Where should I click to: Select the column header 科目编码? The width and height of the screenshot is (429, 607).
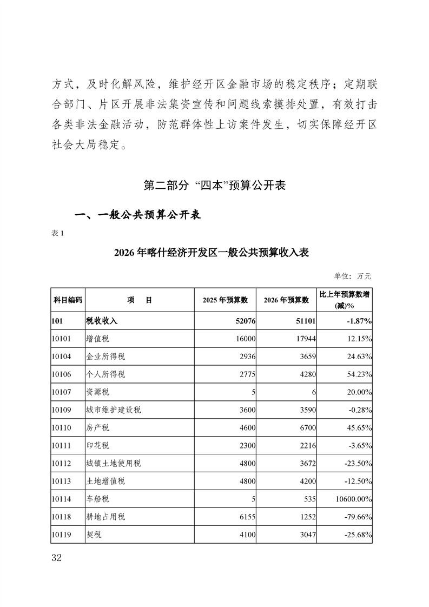tap(68, 300)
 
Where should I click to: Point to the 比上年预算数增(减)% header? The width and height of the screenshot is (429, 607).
tap(345, 300)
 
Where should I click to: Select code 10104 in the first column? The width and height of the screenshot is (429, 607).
tap(63, 357)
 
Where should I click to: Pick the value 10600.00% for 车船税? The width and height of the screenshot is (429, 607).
tap(352, 499)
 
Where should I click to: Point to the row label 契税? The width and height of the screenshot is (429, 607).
tap(94, 535)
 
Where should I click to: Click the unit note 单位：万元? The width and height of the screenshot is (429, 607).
tap(353, 276)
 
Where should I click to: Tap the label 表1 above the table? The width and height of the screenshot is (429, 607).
tap(58, 233)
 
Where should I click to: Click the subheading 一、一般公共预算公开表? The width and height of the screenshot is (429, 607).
tap(137, 215)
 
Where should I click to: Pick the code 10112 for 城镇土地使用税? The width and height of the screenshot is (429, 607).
tap(63, 463)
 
